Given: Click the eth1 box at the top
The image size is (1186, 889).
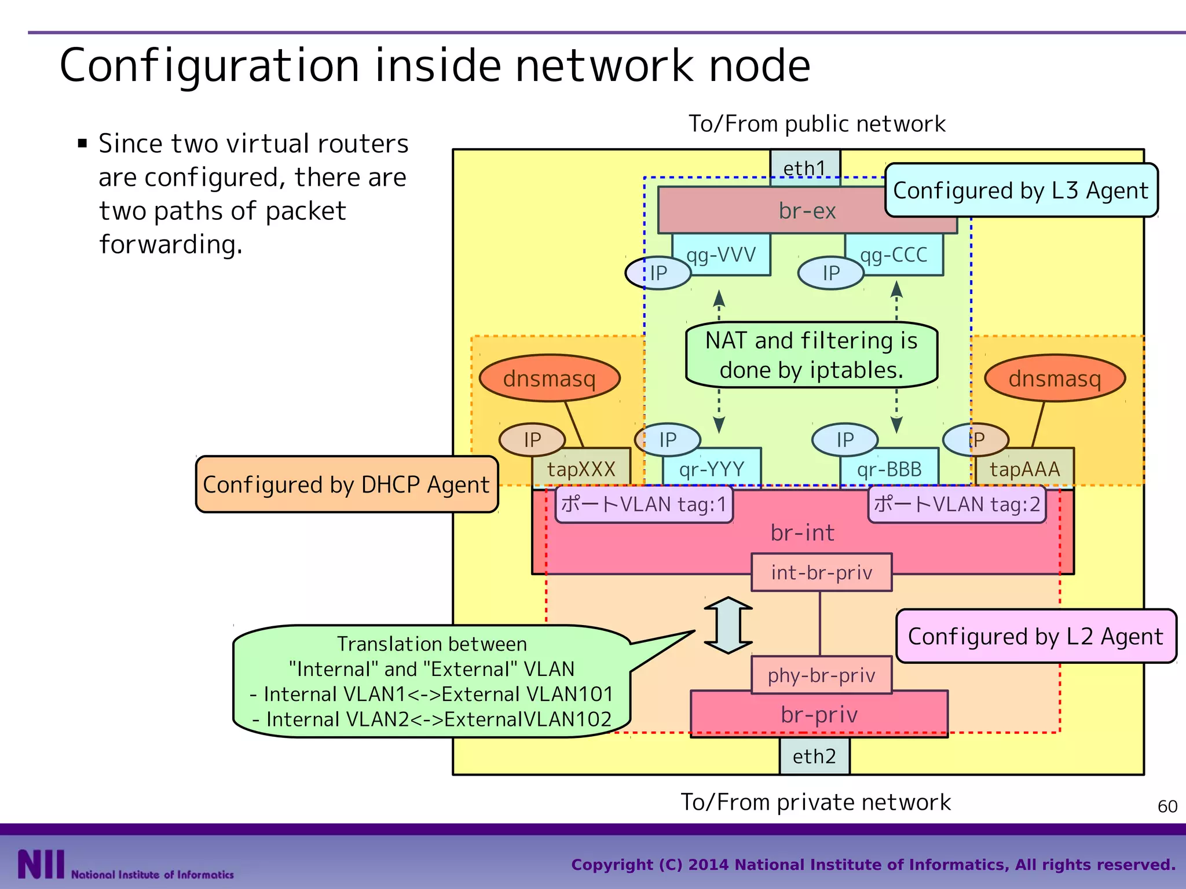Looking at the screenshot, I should (x=804, y=168).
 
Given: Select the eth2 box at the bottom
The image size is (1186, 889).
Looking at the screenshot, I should (x=814, y=756).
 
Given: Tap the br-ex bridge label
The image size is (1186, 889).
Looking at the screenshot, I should (x=807, y=211).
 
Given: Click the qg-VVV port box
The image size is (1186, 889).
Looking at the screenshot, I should (x=722, y=255).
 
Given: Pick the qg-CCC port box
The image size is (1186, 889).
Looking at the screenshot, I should (x=894, y=255).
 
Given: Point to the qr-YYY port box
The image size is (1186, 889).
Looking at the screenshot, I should (x=712, y=469).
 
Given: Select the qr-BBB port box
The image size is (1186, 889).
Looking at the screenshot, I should (x=889, y=469).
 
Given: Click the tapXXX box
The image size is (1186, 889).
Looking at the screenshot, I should (x=581, y=469).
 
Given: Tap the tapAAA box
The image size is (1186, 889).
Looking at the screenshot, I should (x=1024, y=469).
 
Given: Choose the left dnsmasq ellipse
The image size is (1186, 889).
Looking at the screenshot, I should (x=550, y=379).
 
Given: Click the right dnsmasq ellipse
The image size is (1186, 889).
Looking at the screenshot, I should (x=1055, y=379).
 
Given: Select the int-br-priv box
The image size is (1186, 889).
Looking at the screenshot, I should (x=821, y=572).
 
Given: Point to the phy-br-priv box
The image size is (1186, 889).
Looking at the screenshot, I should (x=821, y=675).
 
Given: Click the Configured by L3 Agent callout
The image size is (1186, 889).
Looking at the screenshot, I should (x=1021, y=190).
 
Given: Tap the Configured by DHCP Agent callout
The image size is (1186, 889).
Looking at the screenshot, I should (x=346, y=484).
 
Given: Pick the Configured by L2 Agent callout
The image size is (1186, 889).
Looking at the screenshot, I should (x=1035, y=636).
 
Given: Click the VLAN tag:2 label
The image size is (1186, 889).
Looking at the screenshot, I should (x=957, y=505).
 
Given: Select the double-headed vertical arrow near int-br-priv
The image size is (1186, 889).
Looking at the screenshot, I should (x=728, y=625).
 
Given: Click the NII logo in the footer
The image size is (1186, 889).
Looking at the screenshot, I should (x=41, y=865).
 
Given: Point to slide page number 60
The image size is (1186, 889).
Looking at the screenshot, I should (x=1167, y=806).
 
